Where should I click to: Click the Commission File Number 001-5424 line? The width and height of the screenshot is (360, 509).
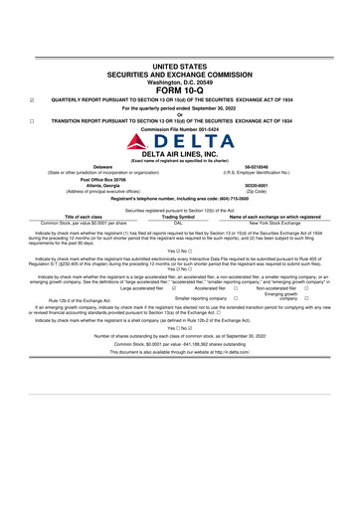click(x=180, y=128)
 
